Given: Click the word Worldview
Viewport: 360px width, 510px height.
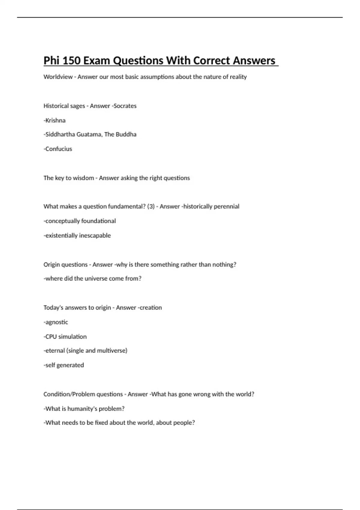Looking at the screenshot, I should pos(58,77).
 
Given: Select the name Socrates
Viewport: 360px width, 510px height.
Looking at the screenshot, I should pos(125,106).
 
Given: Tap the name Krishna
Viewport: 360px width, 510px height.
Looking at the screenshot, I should pos(55,120).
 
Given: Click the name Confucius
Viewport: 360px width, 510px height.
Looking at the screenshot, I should pos(59,149).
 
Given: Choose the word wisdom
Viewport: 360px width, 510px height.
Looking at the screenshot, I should pos(81,178).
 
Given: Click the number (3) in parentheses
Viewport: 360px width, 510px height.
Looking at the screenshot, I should pos(151,206).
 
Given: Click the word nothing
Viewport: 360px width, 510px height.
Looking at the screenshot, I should pos(223,265).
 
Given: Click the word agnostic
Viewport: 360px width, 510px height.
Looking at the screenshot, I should pos(57,322).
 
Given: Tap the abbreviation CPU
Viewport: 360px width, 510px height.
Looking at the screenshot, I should pos(51,337).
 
